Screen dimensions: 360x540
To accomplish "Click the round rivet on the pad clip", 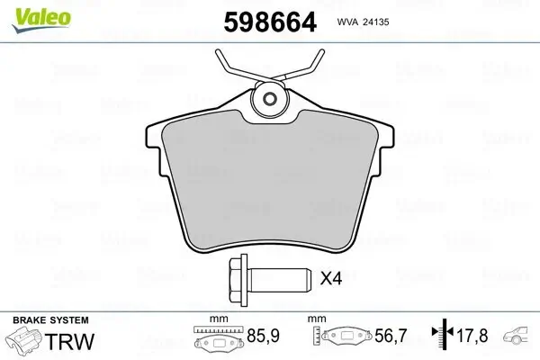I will (266, 99).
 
